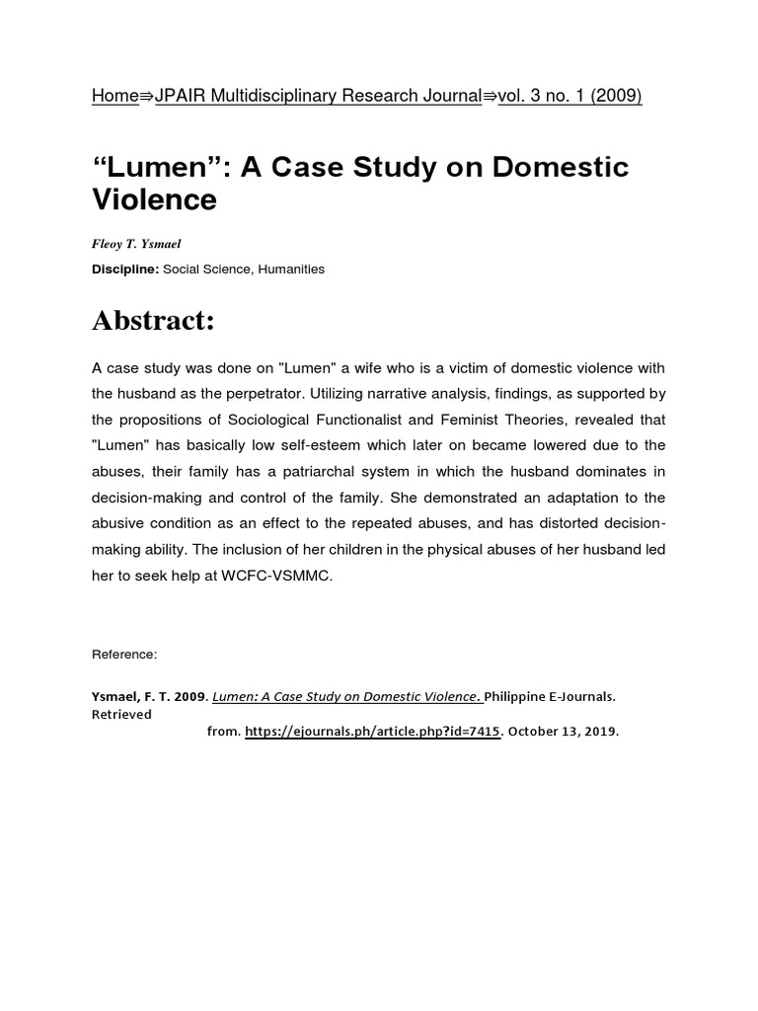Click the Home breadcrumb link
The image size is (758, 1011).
[114, 96]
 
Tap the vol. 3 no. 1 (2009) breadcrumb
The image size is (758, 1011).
[570, 96]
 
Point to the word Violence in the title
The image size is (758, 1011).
[154, 199]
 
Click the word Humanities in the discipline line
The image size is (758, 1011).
[291, 269]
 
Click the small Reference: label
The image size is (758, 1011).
[124, 654]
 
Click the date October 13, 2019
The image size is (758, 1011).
[566, 733]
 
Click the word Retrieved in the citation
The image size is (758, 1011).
[121, 714]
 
